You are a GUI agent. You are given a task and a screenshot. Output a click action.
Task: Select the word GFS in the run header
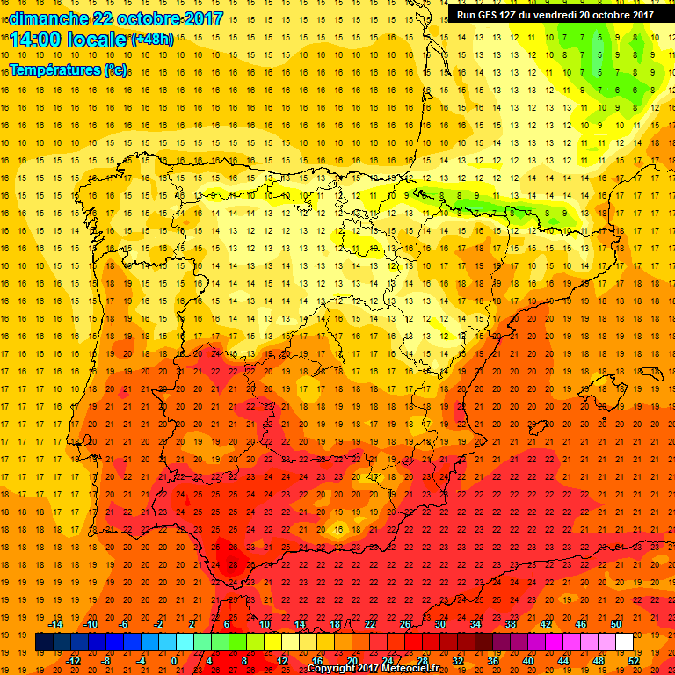pos(492,15)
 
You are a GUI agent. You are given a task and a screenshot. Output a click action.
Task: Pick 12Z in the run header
pos(516,15)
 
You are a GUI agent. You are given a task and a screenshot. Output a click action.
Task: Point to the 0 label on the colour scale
pos(174,660)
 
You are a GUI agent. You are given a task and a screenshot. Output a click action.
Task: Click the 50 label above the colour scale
pos(616,623)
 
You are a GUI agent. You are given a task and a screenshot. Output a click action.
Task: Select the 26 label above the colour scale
pos(405,623)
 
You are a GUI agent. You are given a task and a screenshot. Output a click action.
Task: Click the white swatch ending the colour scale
pos(625,642)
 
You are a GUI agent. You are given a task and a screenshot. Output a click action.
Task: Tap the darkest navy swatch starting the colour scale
pos(45,642)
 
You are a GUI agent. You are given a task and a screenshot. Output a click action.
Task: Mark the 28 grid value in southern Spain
pos(233,564)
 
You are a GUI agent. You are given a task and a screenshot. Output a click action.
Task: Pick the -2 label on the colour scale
pos(158,623)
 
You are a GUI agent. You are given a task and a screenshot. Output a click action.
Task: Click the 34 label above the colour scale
pos(475,623)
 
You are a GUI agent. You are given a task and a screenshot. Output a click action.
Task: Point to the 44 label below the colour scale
pos(564,660)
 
